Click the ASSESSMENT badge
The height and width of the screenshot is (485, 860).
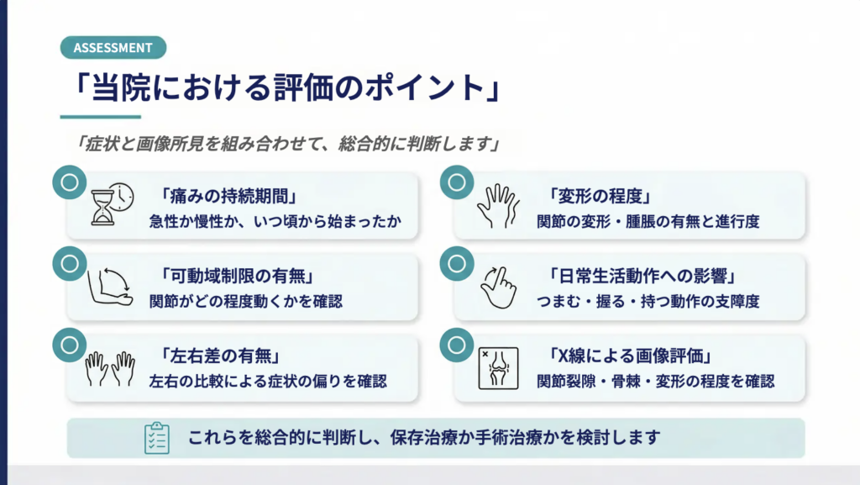pyautogui.click(x=113, y=48)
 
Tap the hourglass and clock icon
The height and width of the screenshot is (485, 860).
pyautogui.click(x=113, y=204)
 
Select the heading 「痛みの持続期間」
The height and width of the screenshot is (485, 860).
pyautogui.click(x=228, y=196)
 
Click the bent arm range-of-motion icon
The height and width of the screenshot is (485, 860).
pyautogui.click(x=110, y=286)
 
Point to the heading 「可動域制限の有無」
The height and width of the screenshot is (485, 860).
pyautogui.click(x=237, y=276)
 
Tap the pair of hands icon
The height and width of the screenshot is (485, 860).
pyautogui.click(x=110, y=368)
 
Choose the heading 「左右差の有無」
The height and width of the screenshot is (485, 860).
pyautogui.click(x=220, y=356)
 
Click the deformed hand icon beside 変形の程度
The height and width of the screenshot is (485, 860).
pyautogui.click(x=498, y=206)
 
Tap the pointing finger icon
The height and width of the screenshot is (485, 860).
pyautogui.click(x=498, y=287)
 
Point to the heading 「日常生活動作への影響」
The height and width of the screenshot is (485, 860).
pyautogui.click(x=642, y=276)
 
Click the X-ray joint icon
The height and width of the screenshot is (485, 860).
pyautogui.click(x=498, y=368)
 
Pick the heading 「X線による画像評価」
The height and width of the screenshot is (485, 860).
pyautogui.click(x=630, y=356)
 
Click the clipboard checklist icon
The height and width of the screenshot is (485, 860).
pyautogui.click(x=157, y=438)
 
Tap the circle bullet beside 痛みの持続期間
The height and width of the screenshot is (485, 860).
pyautogui.click(x=70, y=182)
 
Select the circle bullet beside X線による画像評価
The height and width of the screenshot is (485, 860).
pyautogui.click(x=457, y=345)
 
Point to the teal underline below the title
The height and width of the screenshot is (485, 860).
pyautogui.click(x=101, y=117)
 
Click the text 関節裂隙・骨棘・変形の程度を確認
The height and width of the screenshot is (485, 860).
pyautogui.click(x=655, y=382)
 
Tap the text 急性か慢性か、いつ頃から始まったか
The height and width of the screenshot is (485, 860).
pyautogui.click(x=275, y=221)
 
